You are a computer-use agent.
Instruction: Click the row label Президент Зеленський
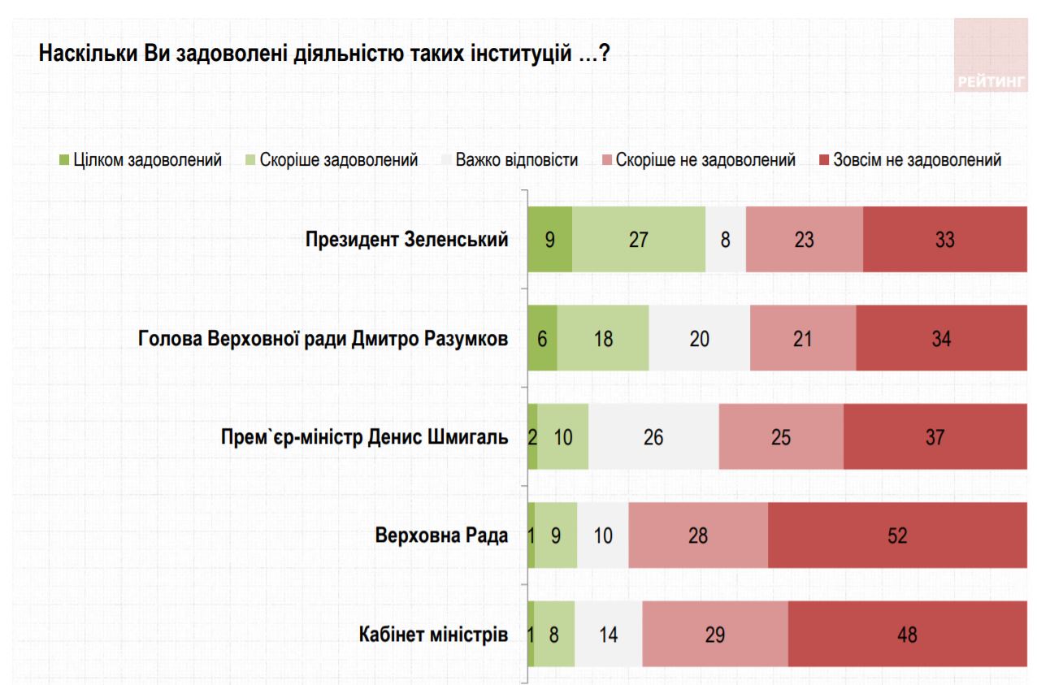coord(406,240)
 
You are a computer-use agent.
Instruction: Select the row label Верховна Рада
coord(441,535)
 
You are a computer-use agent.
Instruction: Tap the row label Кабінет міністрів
coord(433,634)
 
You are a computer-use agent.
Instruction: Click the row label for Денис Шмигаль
coord(365,437)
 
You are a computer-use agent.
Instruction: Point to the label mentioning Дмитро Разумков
coord(323,338)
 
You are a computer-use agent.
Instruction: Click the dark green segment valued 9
coord(549,240)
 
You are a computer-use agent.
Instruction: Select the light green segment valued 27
coord(639,240)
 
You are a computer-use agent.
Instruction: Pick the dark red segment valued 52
coord(896,535)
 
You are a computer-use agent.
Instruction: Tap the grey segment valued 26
coord(653,437)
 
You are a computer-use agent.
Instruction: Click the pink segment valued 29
coord(714,634)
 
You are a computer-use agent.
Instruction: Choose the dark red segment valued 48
coord(907,634)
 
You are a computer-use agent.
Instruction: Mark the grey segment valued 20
coord(699,338)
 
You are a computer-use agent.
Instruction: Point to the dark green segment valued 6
coord(542,338)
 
